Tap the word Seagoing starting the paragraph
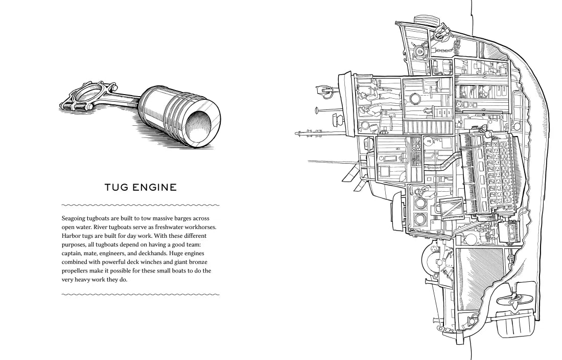(74, 218)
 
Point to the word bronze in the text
(198, 262)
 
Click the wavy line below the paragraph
(140, 295)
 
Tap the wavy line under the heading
(140, 206)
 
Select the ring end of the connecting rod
(85, 96)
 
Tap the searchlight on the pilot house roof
(323, 91)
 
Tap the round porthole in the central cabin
(414, 98)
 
